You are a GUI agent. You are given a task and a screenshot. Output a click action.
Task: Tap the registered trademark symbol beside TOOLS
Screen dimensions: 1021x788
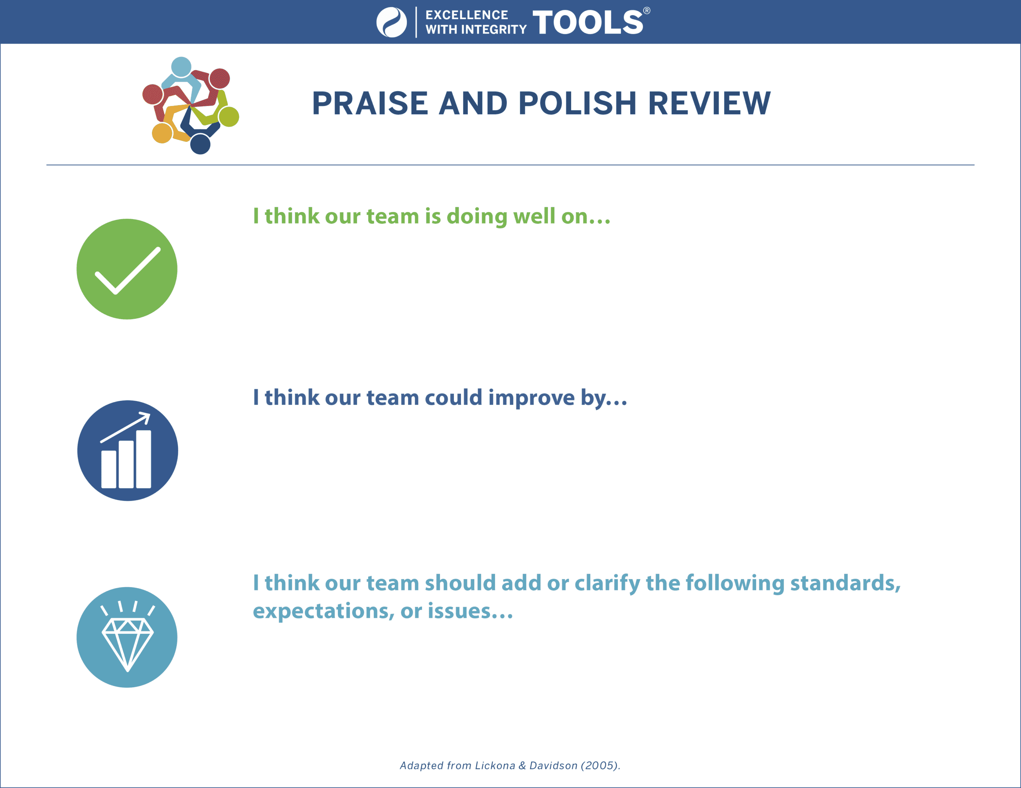click(x=647, y=11)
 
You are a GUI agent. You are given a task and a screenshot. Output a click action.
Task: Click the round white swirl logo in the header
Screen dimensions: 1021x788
click(x=392, y=22)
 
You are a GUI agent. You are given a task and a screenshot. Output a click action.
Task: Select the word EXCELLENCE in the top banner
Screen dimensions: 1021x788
click(x=467, y=15)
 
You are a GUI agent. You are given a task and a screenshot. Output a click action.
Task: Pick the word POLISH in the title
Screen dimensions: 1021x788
click(x=578, y=103)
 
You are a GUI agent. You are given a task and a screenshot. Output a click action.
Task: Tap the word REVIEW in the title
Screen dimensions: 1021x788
click(x=709, y=103)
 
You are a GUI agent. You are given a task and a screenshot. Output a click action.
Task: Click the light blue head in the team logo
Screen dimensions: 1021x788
click(x=181, y=67)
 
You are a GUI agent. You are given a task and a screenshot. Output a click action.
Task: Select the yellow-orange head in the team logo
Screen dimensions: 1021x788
click(x=162, y=133)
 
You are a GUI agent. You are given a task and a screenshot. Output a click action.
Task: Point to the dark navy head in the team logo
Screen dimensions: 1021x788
click(x=200, y=144)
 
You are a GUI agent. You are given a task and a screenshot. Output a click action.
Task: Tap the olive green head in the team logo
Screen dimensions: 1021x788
click(x=229, y=117)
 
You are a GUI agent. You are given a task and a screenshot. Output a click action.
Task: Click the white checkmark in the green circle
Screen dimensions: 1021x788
click(x=128, y=271)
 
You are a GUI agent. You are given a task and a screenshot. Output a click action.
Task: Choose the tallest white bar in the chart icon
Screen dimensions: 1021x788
click(x=144, y=459)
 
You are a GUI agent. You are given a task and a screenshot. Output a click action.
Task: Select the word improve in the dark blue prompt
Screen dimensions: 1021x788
click(x=532, y=398)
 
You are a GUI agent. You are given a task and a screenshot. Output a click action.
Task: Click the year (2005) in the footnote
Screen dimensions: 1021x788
click(x=600, y=766)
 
